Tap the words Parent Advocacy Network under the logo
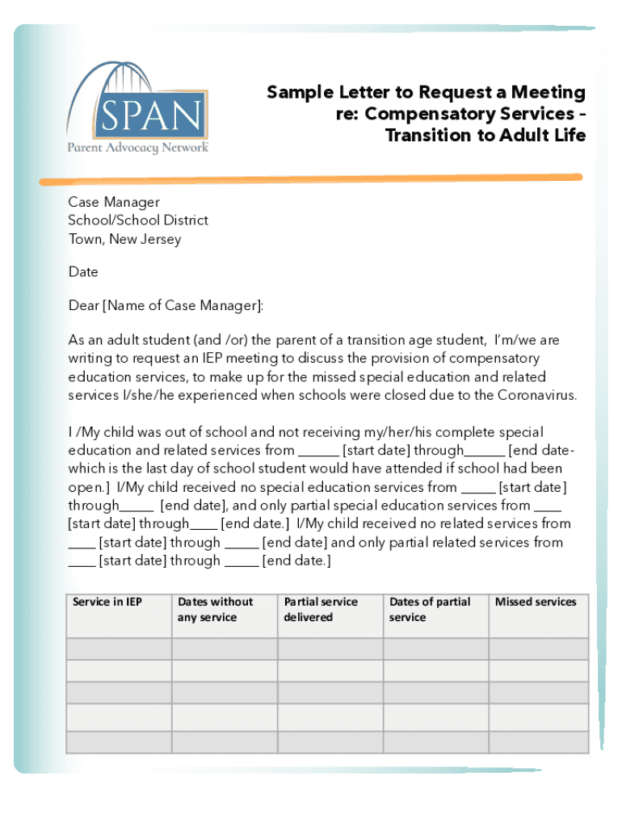click(x=137, y=148)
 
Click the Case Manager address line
click(x=114, y=202)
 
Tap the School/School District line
click(x=138, y=220)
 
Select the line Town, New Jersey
click(x=124, y=239)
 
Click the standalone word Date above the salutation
click(x=83, y=272)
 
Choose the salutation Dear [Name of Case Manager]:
click(x=166, y=305)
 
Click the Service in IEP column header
click(x=107, y=602)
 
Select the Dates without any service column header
click(x=215, y=610)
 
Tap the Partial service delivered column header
click(x=320, y=610)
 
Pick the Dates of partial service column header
click(x=429, y=610)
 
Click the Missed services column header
click(x=536, y=602)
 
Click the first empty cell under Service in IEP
click(x=119, y=649)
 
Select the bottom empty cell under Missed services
click(x=538, y=742)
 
